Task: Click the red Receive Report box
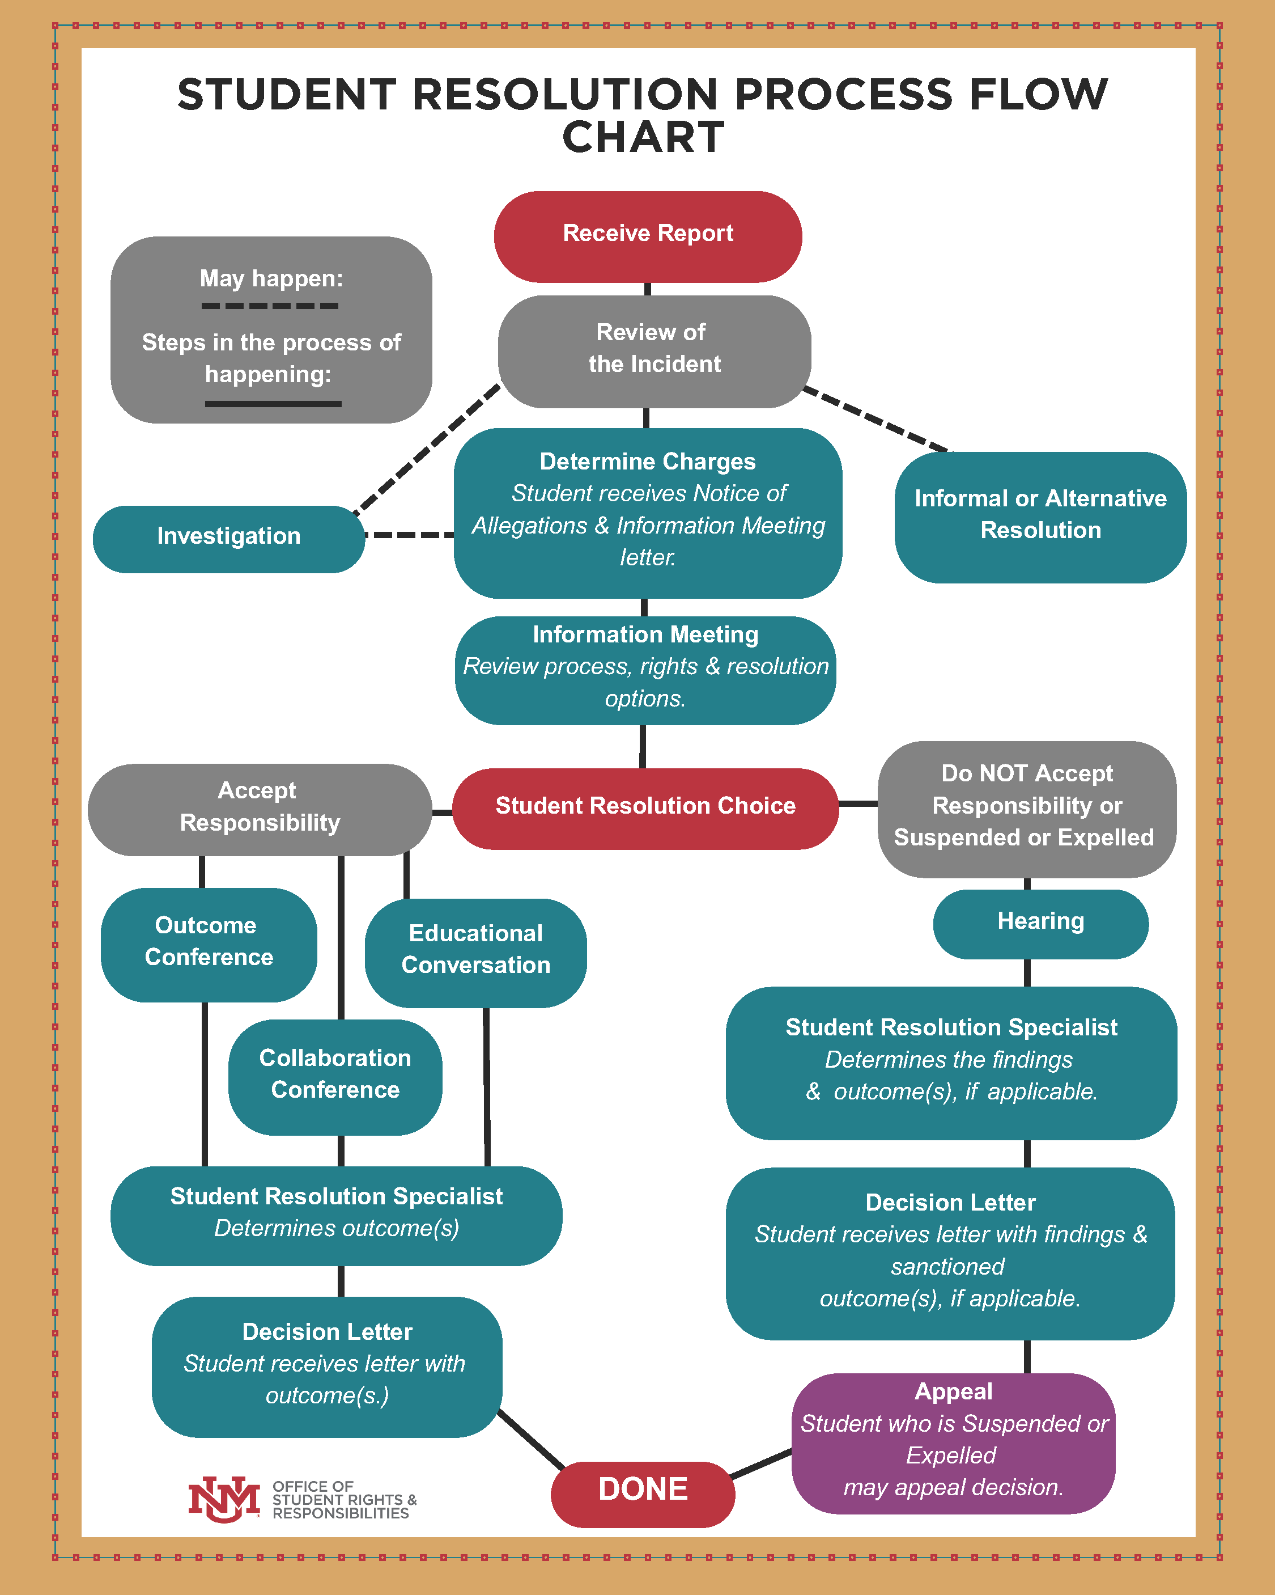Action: click(648, 236)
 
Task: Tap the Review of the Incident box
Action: click(654, 350)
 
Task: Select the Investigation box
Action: click(228, 539)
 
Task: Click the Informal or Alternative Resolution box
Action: click(1040, 517)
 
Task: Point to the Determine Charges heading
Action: click(647, 462)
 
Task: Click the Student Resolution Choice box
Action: click(645, 808)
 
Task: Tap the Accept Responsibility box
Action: click(259, 809)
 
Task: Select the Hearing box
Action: click(1040, 923)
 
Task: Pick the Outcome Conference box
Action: click(209, 944)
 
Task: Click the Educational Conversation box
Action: click(475, 952)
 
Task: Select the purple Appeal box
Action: click(953, 1442)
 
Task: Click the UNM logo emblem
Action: click(224, 1500)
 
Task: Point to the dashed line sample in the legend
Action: click(270, 306)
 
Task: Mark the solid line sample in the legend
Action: click(273, 404)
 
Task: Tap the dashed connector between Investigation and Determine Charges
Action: click(410, 535)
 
